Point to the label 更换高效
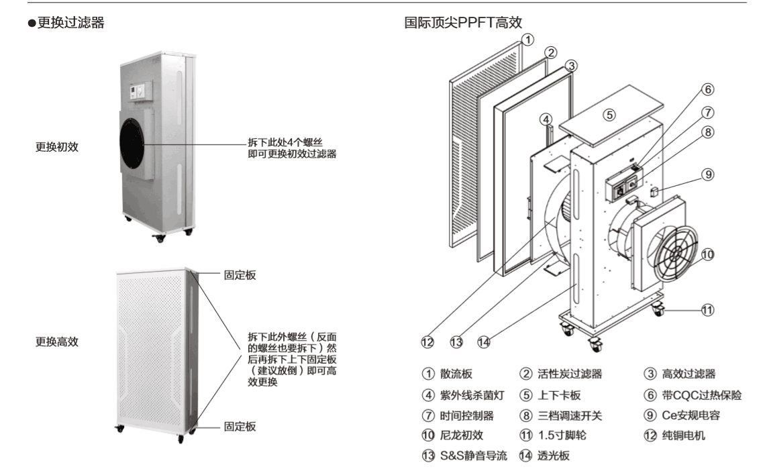(56, 342)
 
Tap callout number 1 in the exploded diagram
(528, 39)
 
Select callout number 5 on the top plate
(609, 115)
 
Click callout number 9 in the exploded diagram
(708, 174)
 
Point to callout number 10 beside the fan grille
(708, 255)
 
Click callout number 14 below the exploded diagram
(483, 342)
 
